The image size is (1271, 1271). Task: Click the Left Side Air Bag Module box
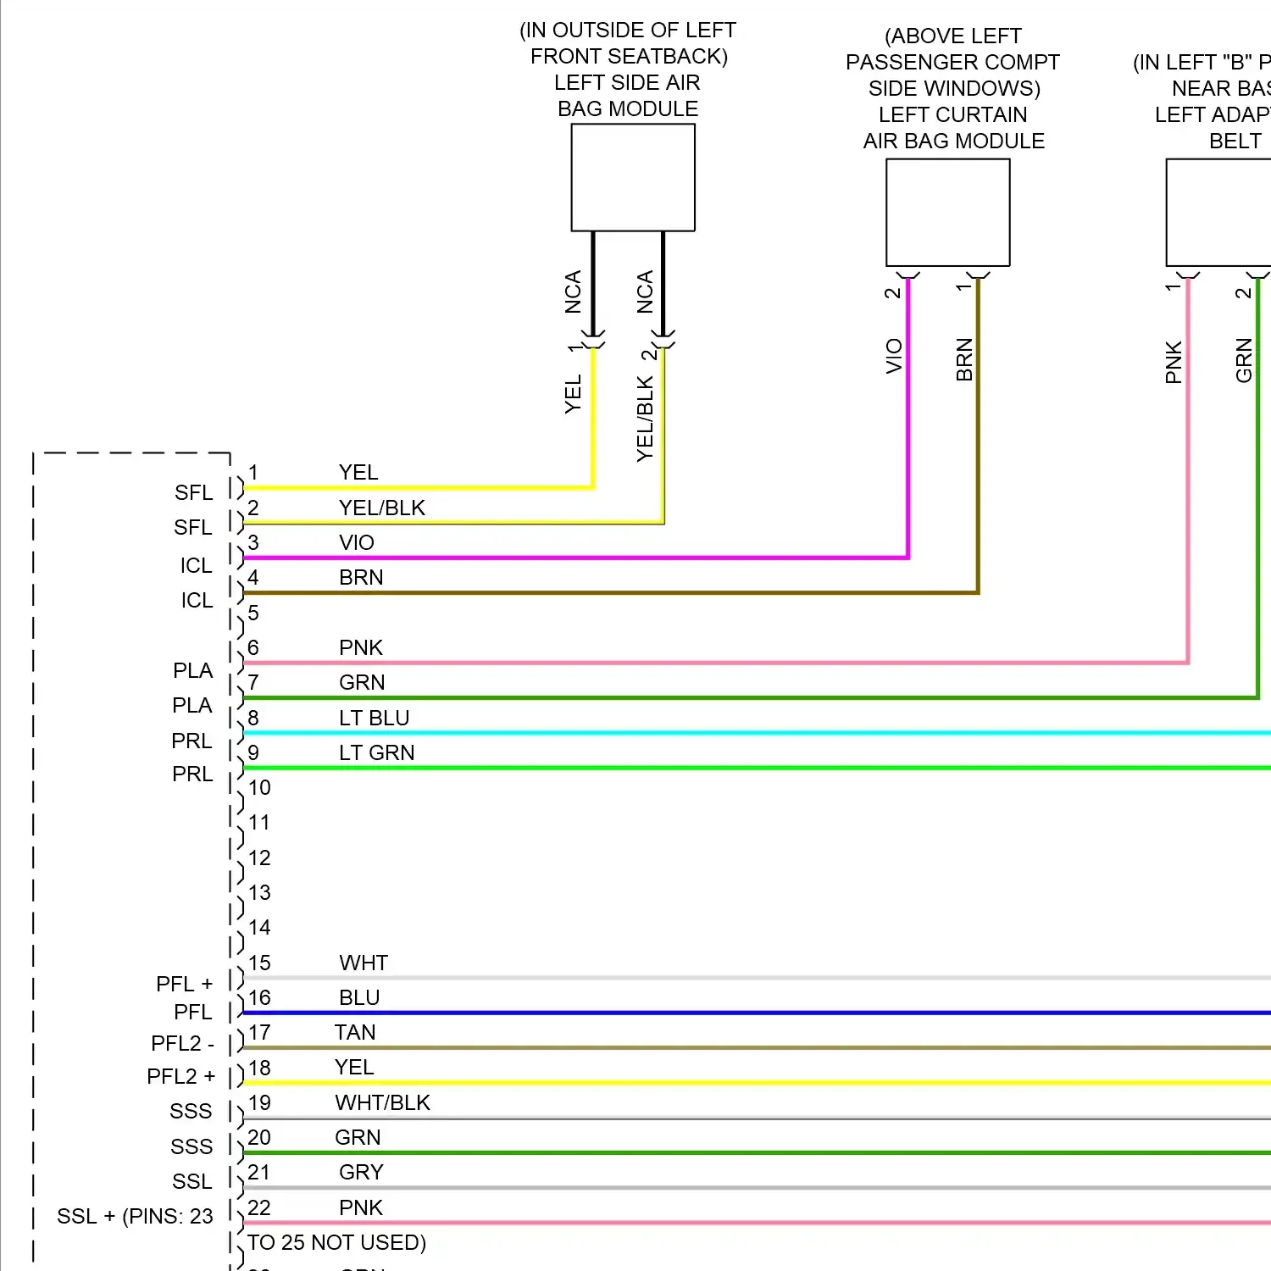tap(633, 177)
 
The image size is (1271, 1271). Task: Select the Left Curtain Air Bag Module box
tap(947, 212)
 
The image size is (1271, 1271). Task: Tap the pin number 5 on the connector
tap(253, 613)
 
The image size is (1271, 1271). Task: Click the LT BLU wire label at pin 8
tap(374, 718)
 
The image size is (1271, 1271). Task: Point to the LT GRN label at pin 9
tap(376, 752)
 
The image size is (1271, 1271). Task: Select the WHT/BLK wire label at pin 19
tap(382, 1102)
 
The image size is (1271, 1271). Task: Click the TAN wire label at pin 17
tap(354, 1032)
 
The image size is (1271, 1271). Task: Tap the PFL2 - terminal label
tap(182, 1043)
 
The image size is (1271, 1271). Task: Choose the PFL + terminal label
tap(184, 984)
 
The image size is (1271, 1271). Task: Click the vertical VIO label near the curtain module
tap(894, 356)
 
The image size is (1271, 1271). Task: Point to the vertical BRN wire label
tap(964, 359)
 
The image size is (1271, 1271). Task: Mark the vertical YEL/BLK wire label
tap(645, 419)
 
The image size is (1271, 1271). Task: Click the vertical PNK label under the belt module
tap(1174, 362)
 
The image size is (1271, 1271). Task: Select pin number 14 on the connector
tap(259, 927)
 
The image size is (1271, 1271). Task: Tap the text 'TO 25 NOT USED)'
tap(336, 1242)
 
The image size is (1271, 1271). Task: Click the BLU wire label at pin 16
tap(358, 997)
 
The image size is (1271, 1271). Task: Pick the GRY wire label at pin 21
tap(361, 1172)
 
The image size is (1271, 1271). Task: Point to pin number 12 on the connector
tap(259, 858)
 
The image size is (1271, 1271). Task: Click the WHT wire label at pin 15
tap(364, 963)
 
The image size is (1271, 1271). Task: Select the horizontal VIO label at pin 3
tap(356, 542)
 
